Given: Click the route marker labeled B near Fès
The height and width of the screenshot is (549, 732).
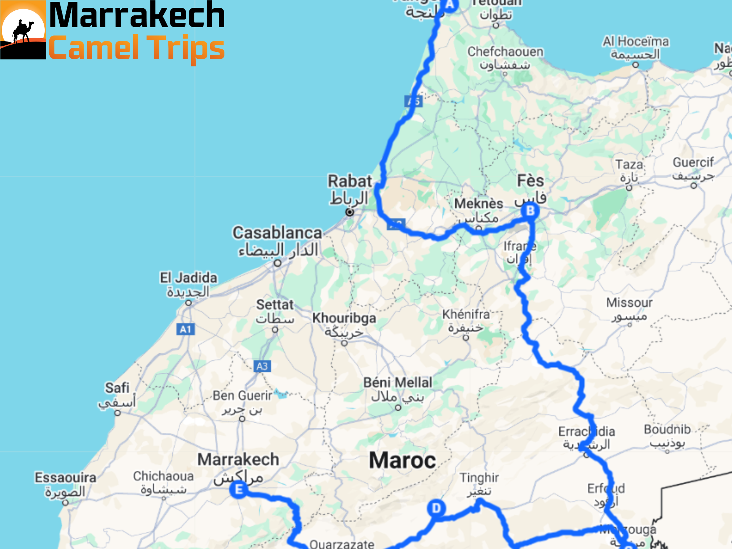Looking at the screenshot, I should click(530, 211).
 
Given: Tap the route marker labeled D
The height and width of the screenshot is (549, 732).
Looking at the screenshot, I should click(436, 508).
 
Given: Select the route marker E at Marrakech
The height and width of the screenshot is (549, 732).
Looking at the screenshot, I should click(239, 489).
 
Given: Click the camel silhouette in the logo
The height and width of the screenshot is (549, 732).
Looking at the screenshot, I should click(23, 32).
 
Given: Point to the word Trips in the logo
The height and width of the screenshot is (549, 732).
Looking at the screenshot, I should click(186, 48).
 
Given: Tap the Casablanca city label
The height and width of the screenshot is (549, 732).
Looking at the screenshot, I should click(277, 233).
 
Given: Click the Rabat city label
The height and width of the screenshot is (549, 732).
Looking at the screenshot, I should click(350, 181).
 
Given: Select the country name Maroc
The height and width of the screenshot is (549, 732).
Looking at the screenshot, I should click(402, 460).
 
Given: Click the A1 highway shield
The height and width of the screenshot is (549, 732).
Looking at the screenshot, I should click(186, 329).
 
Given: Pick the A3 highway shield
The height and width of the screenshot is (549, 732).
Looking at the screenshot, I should click(262, 366).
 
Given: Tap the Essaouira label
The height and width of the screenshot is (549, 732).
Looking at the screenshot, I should click(65, 478).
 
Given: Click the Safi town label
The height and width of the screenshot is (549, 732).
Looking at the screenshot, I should click(117, 388).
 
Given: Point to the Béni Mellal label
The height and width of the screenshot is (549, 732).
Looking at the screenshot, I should click(397, 383).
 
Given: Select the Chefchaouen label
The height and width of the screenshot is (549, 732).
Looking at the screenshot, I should click(505, 52).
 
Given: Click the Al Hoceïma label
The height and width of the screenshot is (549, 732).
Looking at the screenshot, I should click(635, 42).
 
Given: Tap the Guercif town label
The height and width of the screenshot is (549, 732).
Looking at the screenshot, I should click(693, 163).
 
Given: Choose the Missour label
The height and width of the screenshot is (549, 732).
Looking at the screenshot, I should click(629, 303).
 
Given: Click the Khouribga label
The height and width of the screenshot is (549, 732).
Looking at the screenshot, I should click(344, 318).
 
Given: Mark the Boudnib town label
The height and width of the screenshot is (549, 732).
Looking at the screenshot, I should click(667, 430).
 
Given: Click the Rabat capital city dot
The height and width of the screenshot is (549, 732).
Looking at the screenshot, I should click(350, 212).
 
